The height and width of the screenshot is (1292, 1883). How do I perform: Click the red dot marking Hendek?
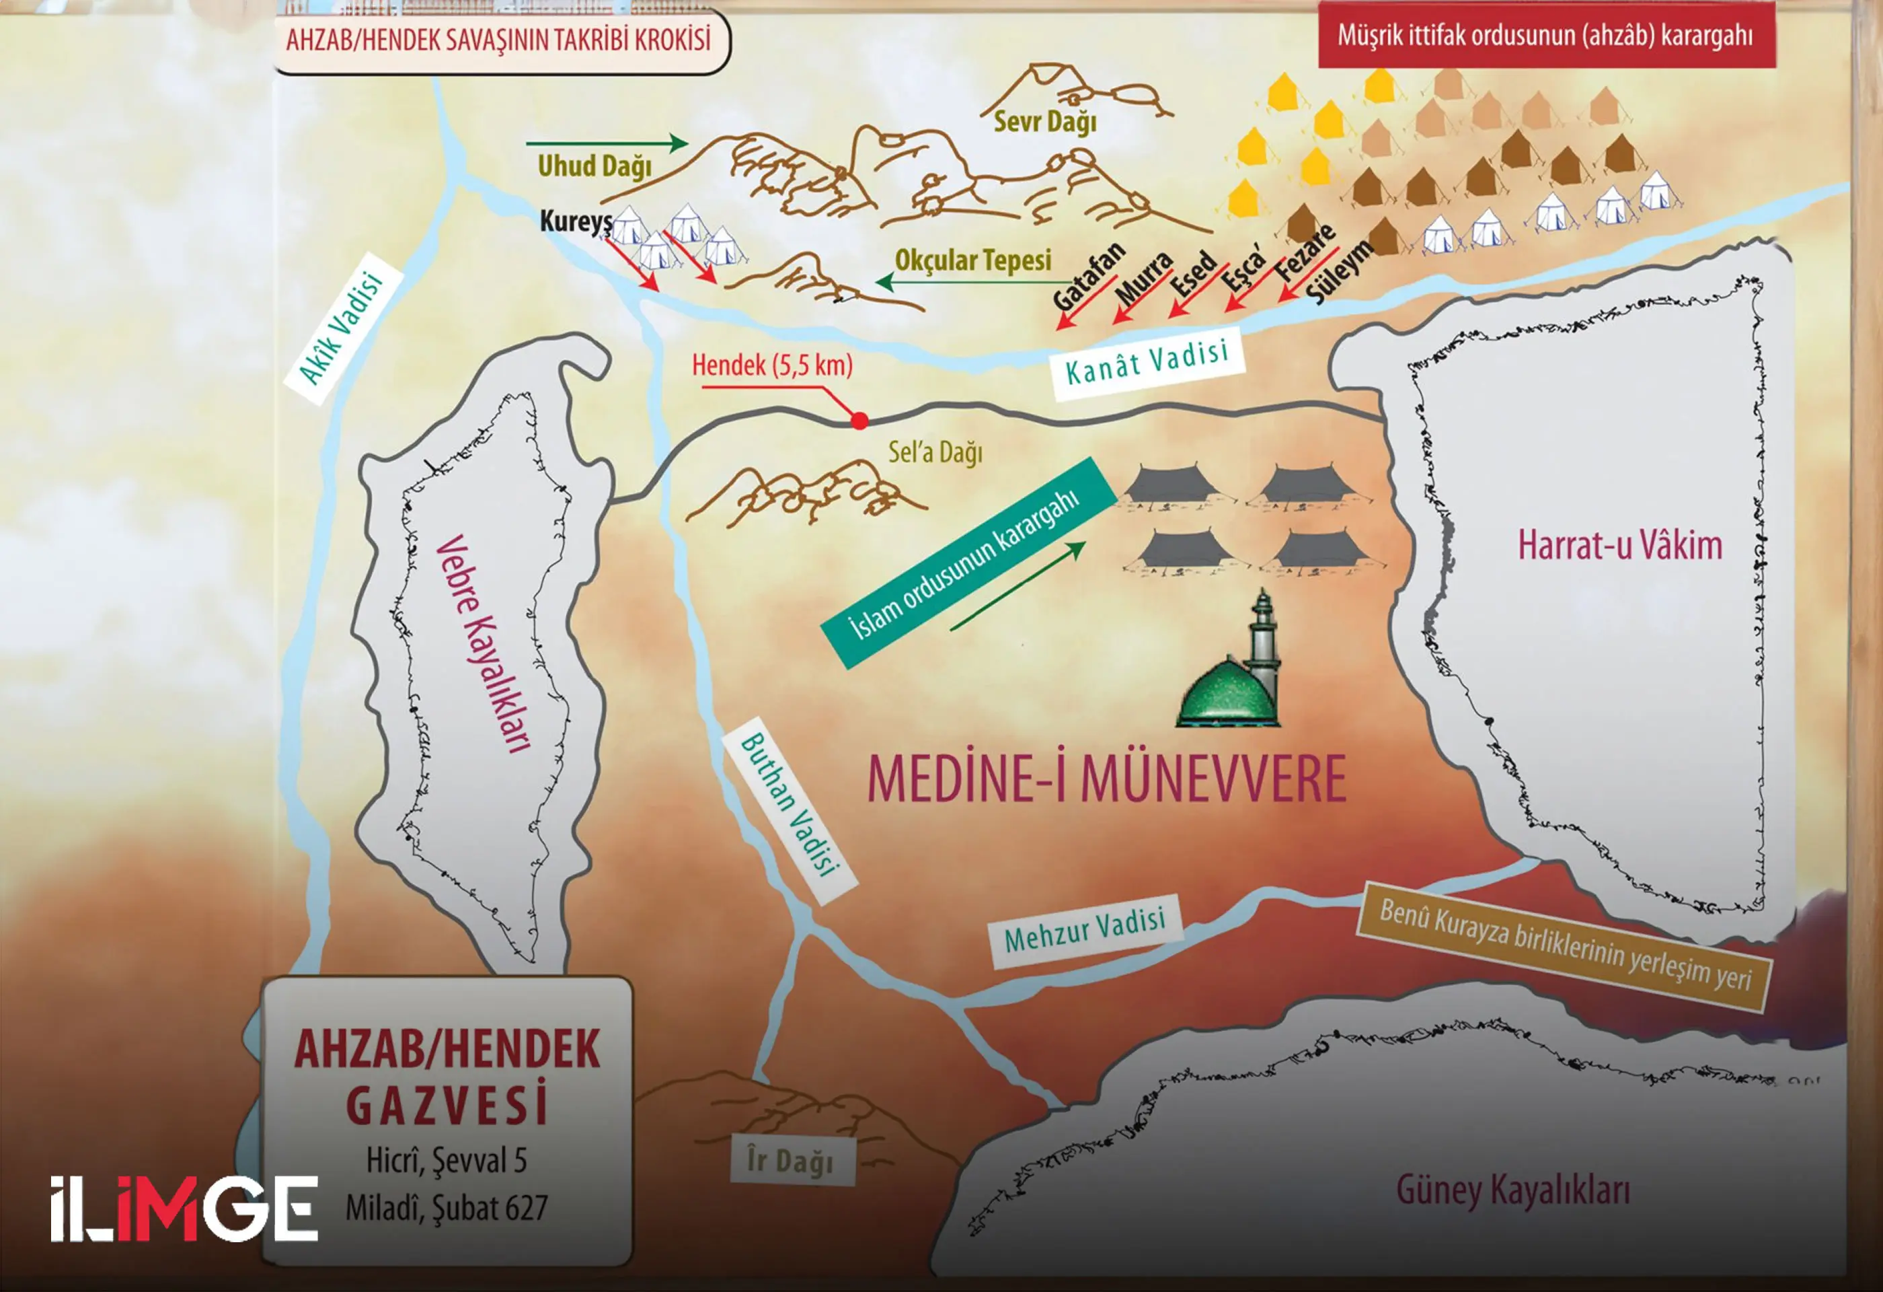pyautogui.click(x=859, y=420)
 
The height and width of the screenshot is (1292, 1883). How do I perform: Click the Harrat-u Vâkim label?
pyautogui.click(x=1619, y=544)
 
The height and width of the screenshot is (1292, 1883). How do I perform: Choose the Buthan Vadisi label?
pyautogui.click(x=788, y=805)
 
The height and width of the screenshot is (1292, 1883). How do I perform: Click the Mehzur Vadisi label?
pyautogui.click(x=1084, y=931)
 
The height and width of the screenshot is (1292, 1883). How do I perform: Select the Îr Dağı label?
pyautogui.click(x=790, y=1161)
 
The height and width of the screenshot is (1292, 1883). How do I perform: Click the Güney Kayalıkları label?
pyautogui.click(x=1512, y=1190)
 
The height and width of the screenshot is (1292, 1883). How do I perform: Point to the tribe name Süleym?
pyautogui.click(x=1341, y=272)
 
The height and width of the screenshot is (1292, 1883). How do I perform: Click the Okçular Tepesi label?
pyautogui.click(x=972, y=260)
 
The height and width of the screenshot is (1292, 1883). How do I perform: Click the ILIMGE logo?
pyautogui.click(x=184, y=1209)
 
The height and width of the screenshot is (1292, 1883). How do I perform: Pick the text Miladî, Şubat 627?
pyautogui.click(x=447, y=1208)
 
